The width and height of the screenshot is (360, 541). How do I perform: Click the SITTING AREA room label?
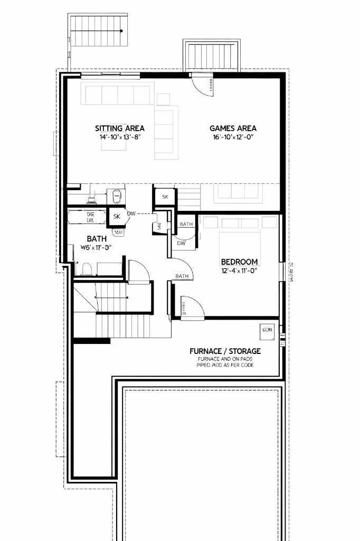tap(119, 128)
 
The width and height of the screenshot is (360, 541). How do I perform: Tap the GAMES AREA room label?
tap(233, 128)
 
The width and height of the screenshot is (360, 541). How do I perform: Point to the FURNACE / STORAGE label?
tap(225, 351)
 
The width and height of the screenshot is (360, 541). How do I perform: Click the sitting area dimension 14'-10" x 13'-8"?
tap(119, 137)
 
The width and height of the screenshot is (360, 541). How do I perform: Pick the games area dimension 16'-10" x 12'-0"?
tap(233, 137)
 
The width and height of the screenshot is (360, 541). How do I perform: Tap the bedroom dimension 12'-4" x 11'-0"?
tap(239, 271)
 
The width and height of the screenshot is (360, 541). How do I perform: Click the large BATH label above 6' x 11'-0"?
tap(97, 239)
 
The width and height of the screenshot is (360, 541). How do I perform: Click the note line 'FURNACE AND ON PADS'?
tap(225, 359)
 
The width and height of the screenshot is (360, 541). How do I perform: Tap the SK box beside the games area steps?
tap(165, 197)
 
